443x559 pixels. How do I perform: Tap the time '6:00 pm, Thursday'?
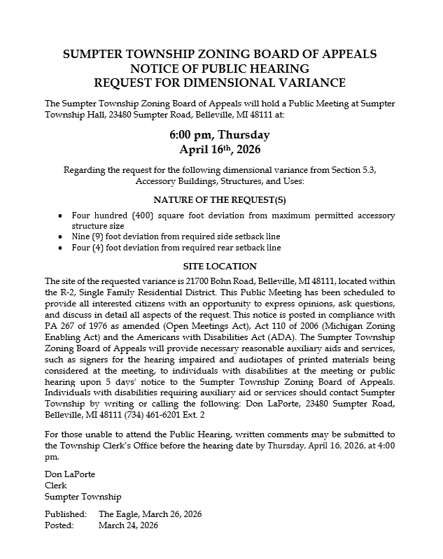click(x=220, y=134)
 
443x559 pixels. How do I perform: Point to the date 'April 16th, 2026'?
click(x=220, y=148)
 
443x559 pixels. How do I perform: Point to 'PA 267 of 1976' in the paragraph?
click(x=73, y=325)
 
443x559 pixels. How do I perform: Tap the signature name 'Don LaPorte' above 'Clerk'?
click(x=69, y=474)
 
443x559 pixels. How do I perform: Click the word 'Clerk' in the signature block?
click(x=55, y=486)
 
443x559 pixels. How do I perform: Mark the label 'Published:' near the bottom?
click(x=65, y=514)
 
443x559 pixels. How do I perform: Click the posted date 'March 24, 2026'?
click(x=128, y=525)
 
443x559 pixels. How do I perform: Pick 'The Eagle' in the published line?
click(x=118, y=514)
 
